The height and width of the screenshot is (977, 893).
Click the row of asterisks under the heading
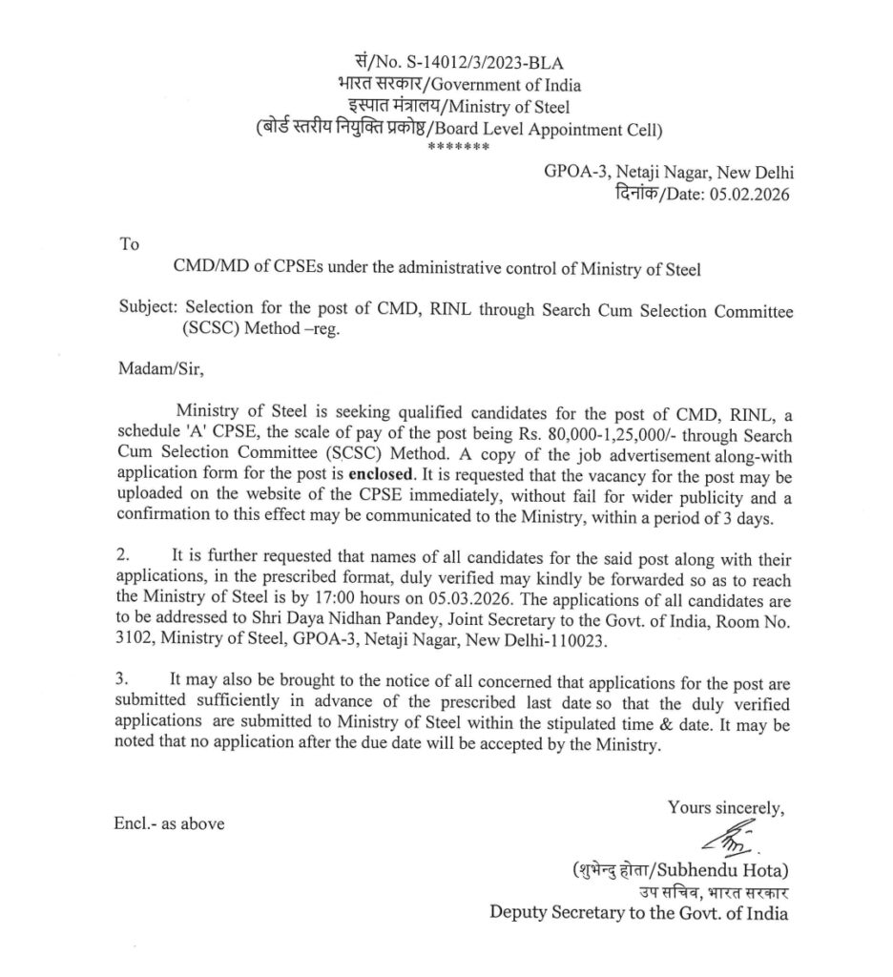[459, 148]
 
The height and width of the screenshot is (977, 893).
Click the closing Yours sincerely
[726, 807]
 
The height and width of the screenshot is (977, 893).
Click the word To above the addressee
[129, 244]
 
